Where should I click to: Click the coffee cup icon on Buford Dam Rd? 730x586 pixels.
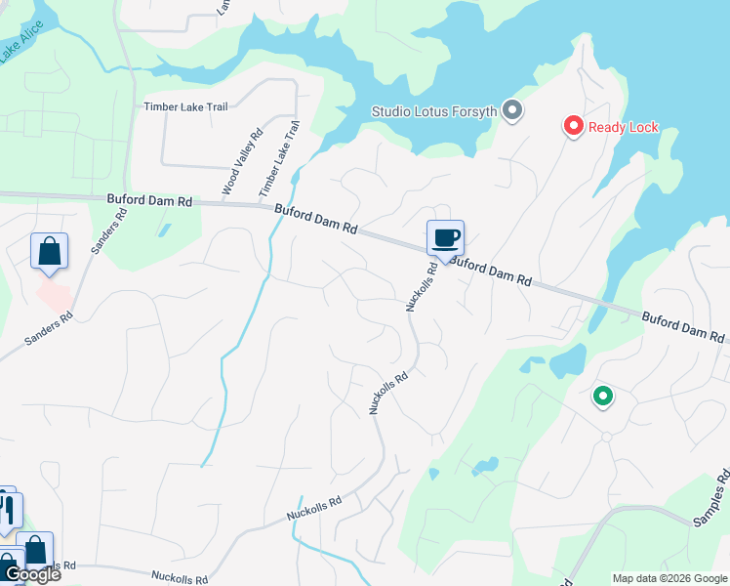(x=445, y=237)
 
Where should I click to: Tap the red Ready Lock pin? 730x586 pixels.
(x=573, y=127)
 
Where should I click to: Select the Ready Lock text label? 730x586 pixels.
(x=624, y=127)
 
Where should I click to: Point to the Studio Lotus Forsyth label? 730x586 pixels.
(x=435, y=111)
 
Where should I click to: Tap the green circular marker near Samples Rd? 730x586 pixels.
(x=603, y=397)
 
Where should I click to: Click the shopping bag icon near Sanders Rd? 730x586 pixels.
(x=49, y=252)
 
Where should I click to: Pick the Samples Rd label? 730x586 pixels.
(x=712, y=500)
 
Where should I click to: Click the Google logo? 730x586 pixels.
(x=31, y=574)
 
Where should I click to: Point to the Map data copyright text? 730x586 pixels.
(x=668, y=578)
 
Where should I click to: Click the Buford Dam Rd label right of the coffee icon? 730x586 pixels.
(x=491, y=272)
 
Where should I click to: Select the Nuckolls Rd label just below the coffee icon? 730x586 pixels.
(x=418, y=287)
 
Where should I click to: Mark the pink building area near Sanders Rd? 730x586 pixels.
(x=55, y=294)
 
